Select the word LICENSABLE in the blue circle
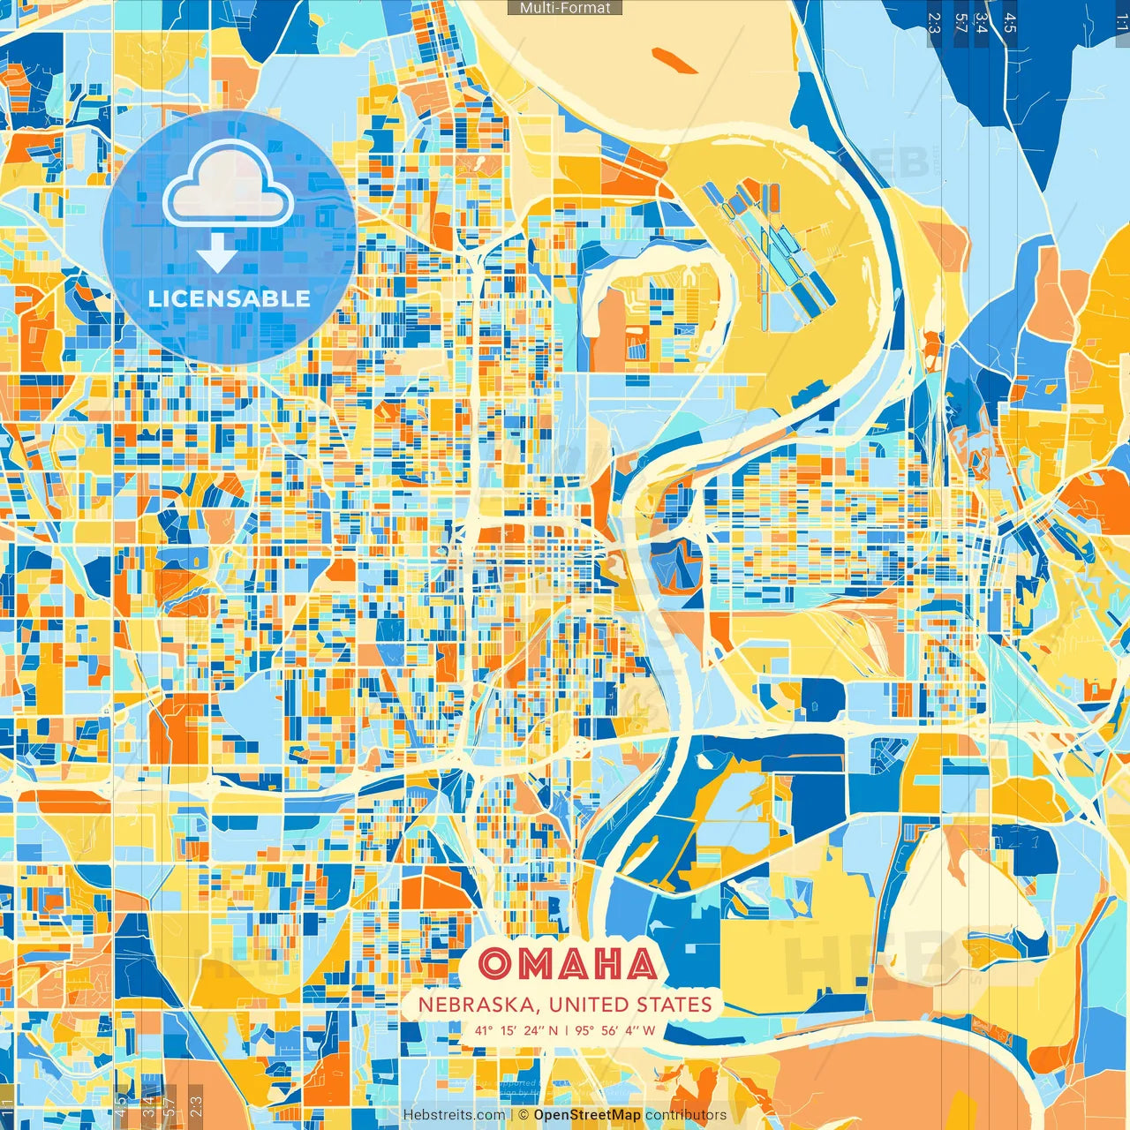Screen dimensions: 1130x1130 pos(229,298)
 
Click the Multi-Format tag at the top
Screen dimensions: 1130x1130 pos(565,8)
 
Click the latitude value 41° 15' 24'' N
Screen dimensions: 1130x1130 pos(516,1030)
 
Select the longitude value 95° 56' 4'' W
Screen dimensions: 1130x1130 pos(615,1030)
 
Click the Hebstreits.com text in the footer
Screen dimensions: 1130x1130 pos(454,1115)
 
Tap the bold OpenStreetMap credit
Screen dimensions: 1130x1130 pos(587,1115)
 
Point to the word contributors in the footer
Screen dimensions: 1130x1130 pos(686,1115)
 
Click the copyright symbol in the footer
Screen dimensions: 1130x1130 pos(524,1115)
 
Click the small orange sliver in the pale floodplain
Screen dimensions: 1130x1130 pos(674,60)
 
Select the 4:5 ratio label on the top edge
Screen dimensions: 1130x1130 pos(1010,22)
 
